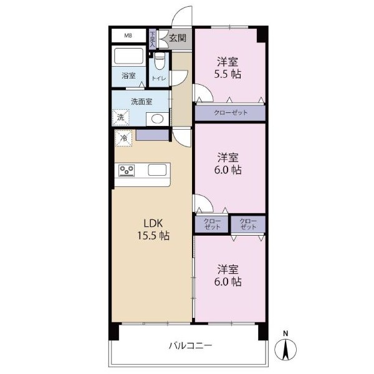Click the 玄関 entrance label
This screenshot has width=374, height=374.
click(x=178, y=38)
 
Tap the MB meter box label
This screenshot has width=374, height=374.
click(x=128, y=36)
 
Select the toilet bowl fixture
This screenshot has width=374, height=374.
click(x=160, y=61)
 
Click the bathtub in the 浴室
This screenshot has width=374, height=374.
click(x=128, y=56)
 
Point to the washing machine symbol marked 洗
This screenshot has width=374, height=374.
click(x=120, y=117)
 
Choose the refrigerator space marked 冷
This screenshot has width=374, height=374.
click(x=123, y=138)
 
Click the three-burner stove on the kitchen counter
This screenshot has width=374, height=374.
click(x=127, y=171)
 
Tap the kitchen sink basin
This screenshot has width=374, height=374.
click(x=157, y=170)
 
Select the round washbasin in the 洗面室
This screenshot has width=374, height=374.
click(x=157, y=119)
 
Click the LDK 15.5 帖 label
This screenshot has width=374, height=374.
click(x=153, y=229)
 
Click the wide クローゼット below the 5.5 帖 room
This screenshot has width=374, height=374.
click(x=230, y=113)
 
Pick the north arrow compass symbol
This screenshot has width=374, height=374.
click(x=285, y=347)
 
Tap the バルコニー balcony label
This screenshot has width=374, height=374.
click(x=190, y=345)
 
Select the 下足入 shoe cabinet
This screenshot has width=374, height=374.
click(x=152, y=39)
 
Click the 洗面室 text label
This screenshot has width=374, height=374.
click(x=141, y=102)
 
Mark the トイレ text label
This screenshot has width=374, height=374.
click(x=159, y=79)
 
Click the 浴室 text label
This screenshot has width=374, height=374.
click(x=128, y=76)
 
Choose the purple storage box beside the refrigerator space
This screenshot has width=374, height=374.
click(x=153, y=135)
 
